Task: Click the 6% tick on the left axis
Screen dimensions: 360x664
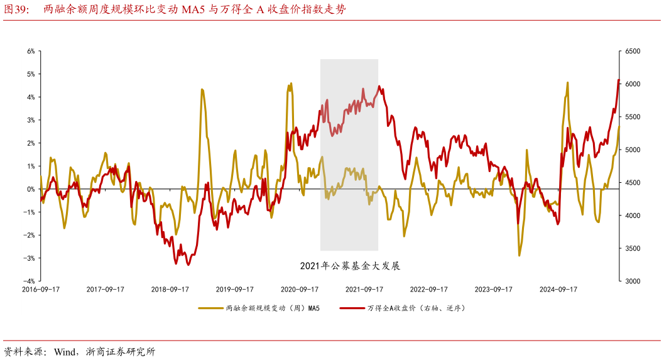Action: [x=30, y=51]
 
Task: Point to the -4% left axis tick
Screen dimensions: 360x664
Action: [x=29, y=281]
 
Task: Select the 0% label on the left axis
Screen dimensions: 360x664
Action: [x=30, y=189]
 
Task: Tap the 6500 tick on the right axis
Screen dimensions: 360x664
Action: [x=631, y=51]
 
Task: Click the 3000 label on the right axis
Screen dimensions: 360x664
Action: [x=631, y=281]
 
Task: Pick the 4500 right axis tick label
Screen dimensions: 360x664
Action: [x=631, y=183]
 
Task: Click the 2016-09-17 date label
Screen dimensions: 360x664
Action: [x=40, y=290]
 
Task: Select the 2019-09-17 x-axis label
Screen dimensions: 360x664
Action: [x=234, y=290]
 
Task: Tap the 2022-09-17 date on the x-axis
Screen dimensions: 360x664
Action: [x=428, y=290]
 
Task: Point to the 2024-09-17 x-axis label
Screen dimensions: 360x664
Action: [x=558, y=290]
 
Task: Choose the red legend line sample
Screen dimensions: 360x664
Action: [x=352, y=308]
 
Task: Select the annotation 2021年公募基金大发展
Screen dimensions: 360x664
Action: [x=350, y=266]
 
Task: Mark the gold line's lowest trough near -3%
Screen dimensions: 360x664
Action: [x=520, y=255]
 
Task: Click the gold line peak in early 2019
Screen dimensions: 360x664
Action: [x=202, y=89]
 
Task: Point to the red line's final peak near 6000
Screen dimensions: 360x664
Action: [x=619, y=80]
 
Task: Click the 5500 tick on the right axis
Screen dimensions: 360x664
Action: [x=631, y=117]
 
